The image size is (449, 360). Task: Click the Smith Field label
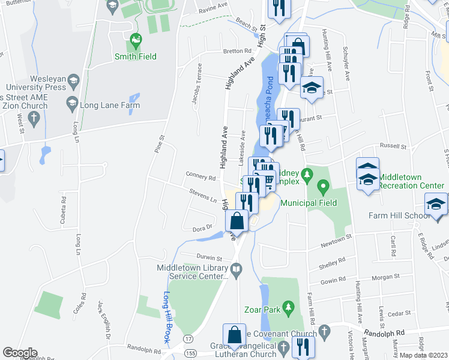coord(135,57)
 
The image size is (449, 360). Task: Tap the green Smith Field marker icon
coord(136,41)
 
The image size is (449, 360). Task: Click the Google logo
coord(19,353)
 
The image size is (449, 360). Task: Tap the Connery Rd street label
coord(200,178)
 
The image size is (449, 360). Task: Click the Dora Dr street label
coord(203,227)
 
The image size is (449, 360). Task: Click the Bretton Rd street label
coord(237,51)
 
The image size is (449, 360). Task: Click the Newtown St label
coord(335,240)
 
